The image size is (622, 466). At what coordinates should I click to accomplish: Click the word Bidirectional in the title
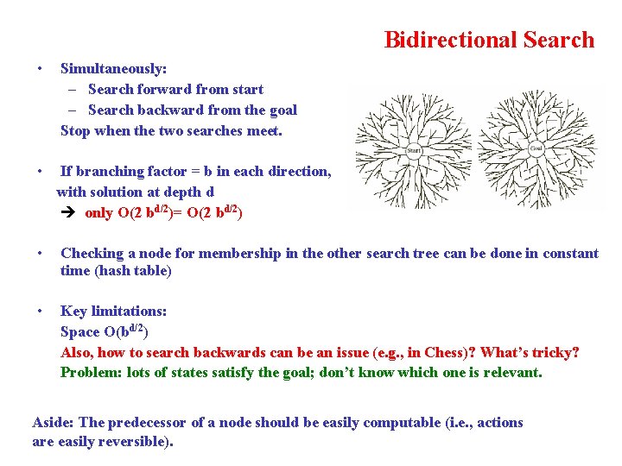(448, 40)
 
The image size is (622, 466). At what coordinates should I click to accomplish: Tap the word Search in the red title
(555, 40)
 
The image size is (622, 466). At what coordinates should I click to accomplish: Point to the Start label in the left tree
(414, 151)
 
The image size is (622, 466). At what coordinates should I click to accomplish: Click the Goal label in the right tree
(536, 150)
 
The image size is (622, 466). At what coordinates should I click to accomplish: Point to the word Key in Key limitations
(73, 311)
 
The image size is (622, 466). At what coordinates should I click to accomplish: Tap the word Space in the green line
(80, 331)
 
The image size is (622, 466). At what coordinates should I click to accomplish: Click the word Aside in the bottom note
(53, 422)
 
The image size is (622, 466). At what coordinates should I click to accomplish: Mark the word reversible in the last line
(139, 442)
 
